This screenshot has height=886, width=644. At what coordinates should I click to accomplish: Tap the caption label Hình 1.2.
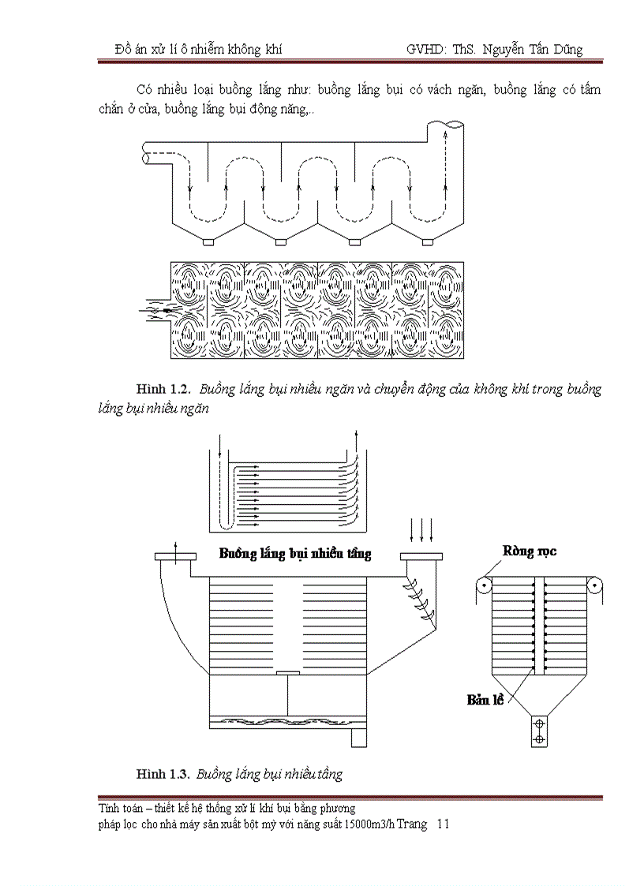[x=163, y=390]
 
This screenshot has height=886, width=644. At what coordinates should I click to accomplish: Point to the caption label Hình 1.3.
[x=163, y=774]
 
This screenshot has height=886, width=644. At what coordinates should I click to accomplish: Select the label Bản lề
[x=485, y=699]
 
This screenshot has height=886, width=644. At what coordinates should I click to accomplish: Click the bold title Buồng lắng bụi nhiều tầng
[x=294, y=554]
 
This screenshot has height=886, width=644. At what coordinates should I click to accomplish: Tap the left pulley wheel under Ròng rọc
[x=482, y=585]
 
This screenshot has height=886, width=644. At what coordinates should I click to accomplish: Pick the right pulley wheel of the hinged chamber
[x=594, y=585]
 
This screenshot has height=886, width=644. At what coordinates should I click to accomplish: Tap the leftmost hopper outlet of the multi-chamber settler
[x=208, y=241]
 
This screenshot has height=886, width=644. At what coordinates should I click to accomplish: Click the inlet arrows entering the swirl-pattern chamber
[x=155, y=310]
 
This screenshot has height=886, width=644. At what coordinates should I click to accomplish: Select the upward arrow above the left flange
[x=175, y=547]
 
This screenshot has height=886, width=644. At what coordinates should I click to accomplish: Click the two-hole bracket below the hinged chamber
[x=539, y=731]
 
